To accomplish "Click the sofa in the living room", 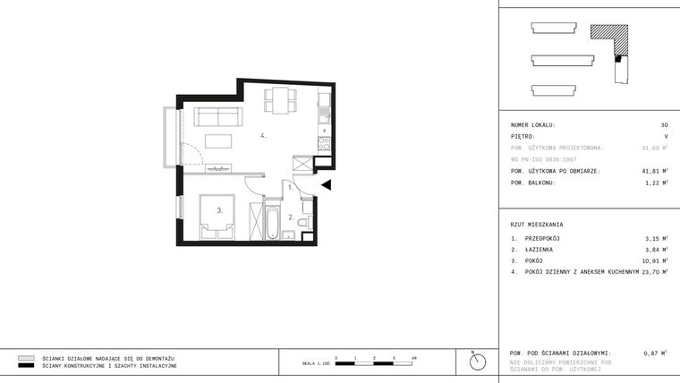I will (x=217, y=115).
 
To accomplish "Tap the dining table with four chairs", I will (x=280, y=100).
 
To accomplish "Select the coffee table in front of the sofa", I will (x=219, y=141).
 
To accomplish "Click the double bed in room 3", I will (x=218, y=217).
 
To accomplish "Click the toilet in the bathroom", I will (x=304, y=219).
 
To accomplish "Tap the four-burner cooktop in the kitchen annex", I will (x=325, y=142).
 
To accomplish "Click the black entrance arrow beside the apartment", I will (x=327, y=185).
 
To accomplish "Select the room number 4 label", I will (x=263, y=136).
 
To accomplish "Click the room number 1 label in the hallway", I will (x=291, y=188).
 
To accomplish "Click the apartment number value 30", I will (x=664, y=124).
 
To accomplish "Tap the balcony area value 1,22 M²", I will (x=657, y=182).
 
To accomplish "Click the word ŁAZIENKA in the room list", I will (x=541, y=250).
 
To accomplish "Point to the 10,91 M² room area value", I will (x=655, y=260).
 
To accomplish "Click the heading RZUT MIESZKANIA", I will (x=537, y=224).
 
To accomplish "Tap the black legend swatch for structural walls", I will (x=26, y=366).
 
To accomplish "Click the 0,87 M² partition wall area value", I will (x=657, y=353).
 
